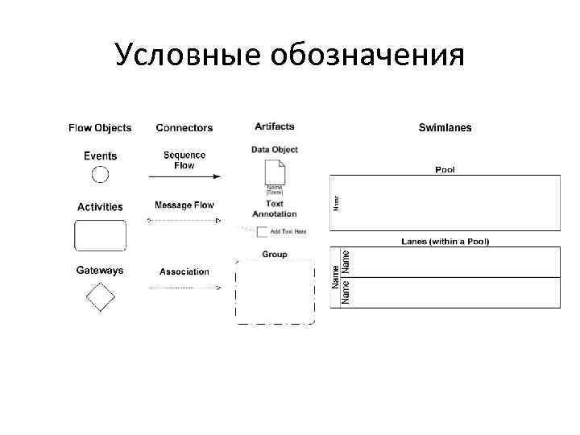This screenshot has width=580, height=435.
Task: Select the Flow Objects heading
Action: click(x=100, y=127)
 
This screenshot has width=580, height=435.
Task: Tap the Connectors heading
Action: click(x=184, y=127)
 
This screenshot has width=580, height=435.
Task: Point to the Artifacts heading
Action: click(x=275, y=126)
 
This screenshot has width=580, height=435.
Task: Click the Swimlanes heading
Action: click(x=445, y=127)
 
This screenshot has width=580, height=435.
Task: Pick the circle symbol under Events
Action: click(x=100, y=173)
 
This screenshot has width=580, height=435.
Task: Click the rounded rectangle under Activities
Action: click(x=101, y=235)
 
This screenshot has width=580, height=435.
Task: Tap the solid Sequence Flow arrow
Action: click(x=184, y=176)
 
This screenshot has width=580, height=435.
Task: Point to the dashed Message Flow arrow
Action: click(x=184, y=219)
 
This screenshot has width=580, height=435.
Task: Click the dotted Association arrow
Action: click(x=184, y=288)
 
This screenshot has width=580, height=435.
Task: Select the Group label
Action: click(x=275, y=255)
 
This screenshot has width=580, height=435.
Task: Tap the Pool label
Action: click(x=445, y=170)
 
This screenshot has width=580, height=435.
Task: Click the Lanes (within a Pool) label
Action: click(x=445, y=242)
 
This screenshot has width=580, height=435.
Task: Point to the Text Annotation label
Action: click(x=275, y=209)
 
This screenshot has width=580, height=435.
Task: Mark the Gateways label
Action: click(x=100, y=271)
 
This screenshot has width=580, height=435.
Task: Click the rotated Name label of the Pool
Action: click(x=337, y=199)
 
